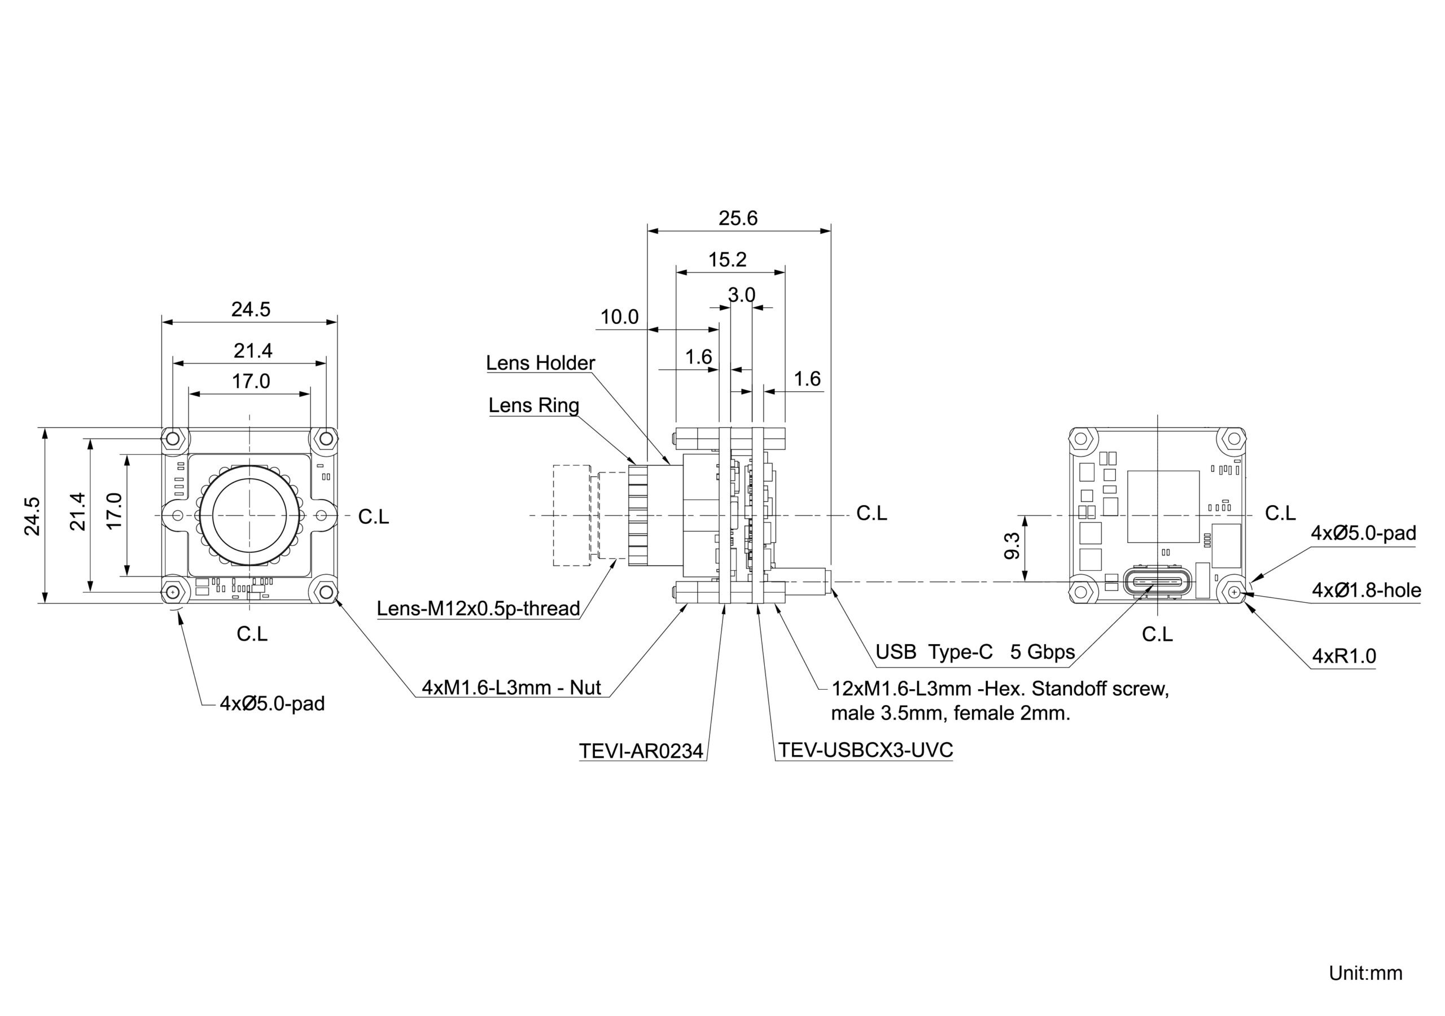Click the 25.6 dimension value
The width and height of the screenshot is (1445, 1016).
[x=738, y=218]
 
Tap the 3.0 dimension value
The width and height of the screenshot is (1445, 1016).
[x=741, y=295]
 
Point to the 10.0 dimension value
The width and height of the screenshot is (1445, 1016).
[x=619, y=317]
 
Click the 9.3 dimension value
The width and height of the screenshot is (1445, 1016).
[x=1012, y=546]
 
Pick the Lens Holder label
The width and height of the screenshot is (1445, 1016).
[x=540, y=362]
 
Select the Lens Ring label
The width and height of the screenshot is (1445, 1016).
[x=534, y=405]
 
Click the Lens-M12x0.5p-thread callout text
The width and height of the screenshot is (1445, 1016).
[x=478, y=608]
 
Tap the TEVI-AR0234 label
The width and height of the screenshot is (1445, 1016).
[x=641, y=751]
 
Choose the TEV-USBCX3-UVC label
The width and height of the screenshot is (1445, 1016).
[x=865, y=750]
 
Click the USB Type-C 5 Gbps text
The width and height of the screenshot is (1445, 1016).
[x=975, y=651]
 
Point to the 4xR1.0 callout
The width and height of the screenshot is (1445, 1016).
[x=1343, y=656]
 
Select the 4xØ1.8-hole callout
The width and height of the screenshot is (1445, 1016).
[x=1366, y=590]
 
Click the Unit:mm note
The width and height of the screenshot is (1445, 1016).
[x=1365, y=973]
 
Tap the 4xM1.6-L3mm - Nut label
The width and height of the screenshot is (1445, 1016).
[x=511, y=687]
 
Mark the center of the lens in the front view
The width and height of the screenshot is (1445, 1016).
[x=250, y=515]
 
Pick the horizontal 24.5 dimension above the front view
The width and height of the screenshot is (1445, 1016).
[x=251, y=309]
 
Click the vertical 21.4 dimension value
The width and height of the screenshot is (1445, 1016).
[x=77, y=512]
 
